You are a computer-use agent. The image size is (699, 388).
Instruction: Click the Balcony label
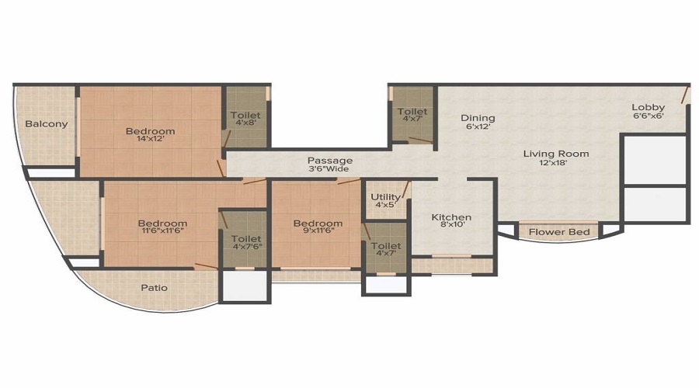pos(47,124)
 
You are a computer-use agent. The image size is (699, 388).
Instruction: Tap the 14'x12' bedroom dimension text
pos(150,139)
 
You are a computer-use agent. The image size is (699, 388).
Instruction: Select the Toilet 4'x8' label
pos(245,119)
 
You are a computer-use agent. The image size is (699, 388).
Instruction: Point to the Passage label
pos(330,160)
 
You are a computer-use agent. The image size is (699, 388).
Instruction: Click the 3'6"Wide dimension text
pos(329,169)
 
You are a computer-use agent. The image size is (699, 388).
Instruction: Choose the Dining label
pos(478,118)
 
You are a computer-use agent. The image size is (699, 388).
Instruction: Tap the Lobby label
pos(649,107)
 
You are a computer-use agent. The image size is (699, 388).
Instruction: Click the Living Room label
pos(556,154)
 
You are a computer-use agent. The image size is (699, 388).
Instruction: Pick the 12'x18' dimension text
pos(553,163)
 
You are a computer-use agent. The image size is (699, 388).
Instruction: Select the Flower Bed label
pos(559,232)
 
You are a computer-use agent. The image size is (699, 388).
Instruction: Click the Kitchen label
pos(451,217)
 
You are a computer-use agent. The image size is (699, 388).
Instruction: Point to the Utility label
pos(385,197)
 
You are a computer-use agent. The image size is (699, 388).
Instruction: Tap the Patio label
pos(155,288)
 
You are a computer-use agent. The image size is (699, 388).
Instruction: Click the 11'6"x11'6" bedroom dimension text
pos(162,230)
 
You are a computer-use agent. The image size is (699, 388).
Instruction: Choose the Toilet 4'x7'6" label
pos(246,242)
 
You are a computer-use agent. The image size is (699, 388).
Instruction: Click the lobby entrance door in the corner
pos(685,95)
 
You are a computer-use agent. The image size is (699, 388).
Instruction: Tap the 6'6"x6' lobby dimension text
pos(649,116)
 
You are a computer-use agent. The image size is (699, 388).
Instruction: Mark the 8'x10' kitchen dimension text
pos(453,225)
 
